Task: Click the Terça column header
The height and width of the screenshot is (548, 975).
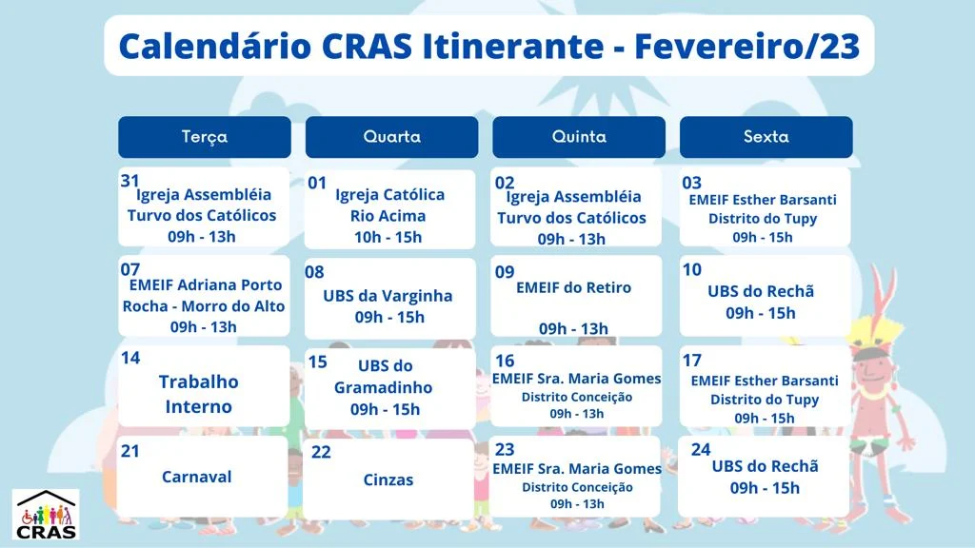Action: coord(205,137)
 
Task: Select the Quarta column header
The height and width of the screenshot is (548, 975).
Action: coord(391,137)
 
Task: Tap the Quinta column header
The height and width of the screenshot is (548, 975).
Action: coord(579,137)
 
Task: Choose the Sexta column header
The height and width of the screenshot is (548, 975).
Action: coord(766,137)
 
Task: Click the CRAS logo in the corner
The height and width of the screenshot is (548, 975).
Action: coord(46,515)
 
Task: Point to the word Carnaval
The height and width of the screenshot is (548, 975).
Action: coord(196,477)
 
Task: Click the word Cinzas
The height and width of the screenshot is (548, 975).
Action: coord(388,479)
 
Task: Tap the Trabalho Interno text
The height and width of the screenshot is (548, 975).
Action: coord(198,394)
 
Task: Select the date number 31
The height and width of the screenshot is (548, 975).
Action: coord(129,181)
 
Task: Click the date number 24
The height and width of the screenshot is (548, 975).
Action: coord(701,449)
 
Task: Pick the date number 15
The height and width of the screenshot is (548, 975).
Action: coord(318,362)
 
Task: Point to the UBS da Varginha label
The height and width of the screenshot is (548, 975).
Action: coord(388,296)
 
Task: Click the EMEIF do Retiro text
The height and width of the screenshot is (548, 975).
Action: coord(573,287)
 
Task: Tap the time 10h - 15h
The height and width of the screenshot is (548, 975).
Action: coord(388,237)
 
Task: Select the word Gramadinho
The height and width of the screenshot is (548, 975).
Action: coord(383,387)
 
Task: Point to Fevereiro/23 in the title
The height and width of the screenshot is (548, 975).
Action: coord(746,46)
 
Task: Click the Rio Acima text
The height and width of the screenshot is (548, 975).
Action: coord(388,216)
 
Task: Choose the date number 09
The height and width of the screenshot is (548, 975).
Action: coord(505,272)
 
